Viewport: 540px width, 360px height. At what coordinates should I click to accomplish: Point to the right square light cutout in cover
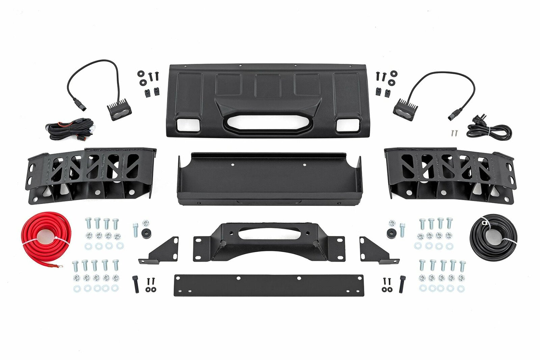tap(347, 125)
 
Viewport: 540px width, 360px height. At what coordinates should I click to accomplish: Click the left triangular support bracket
tap(162, 250)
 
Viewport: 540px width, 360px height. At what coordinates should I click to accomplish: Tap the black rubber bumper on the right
tap(391, 232)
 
